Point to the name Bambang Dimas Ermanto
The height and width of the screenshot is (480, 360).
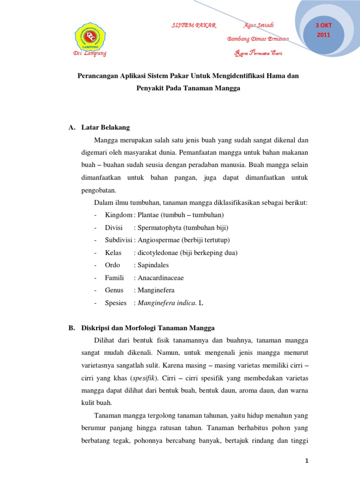(258, 38)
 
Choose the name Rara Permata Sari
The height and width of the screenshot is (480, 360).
(258, 53)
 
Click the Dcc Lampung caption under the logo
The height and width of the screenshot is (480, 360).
(90, 53)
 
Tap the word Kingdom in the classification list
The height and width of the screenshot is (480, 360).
(119, 215)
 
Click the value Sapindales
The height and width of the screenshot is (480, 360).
(153, 265)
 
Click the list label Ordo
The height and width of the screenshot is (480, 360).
(112, 265)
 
